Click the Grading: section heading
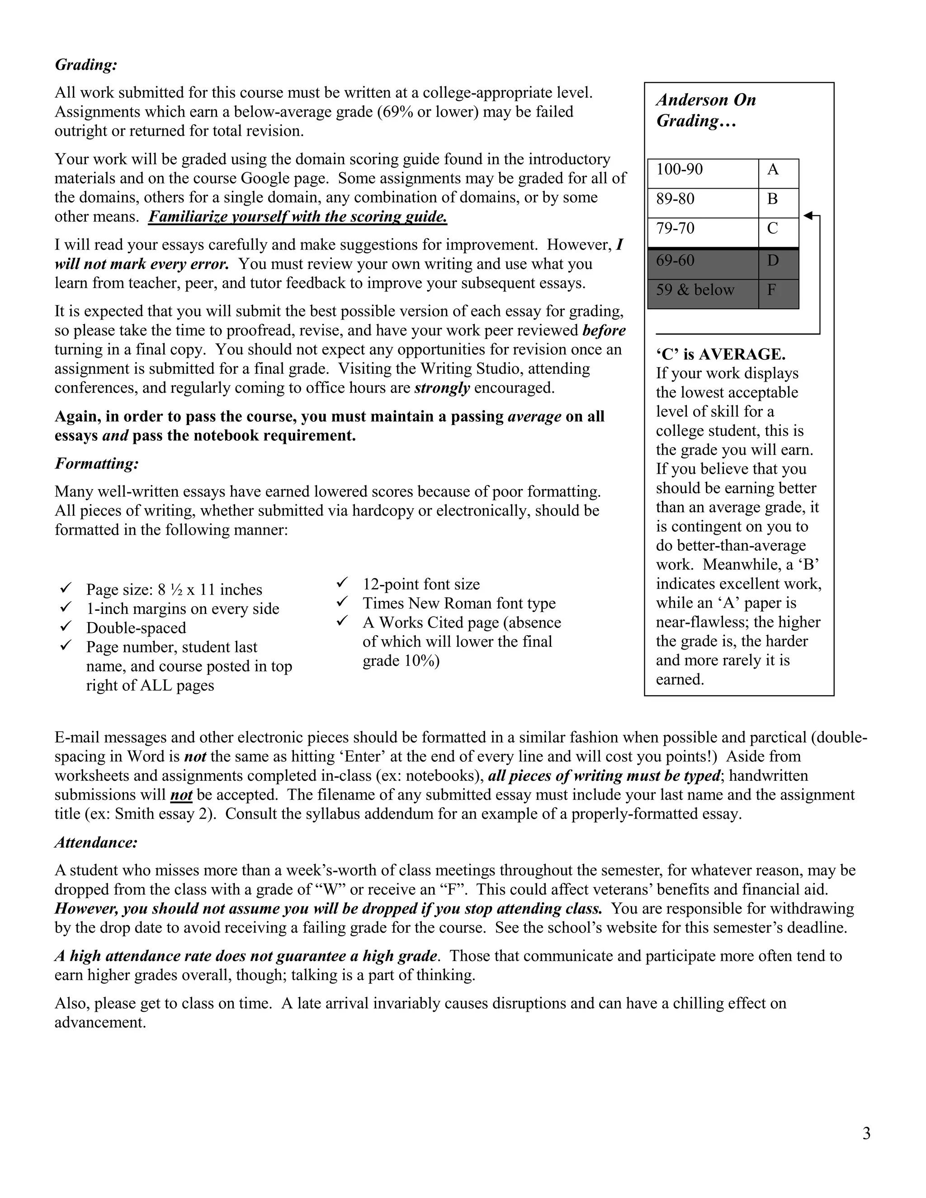(86, 65)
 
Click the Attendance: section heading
(96, 842)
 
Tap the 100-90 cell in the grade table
(703, 173)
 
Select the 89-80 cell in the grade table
(703, 203)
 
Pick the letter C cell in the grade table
(778, 232)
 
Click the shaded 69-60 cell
(703, 264)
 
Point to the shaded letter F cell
(778, 294)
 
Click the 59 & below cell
(703, 294)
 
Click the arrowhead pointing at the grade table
(808, 216)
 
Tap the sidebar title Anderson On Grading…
(706, 110)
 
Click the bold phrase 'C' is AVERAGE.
(720, 354)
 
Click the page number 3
(866, 1133)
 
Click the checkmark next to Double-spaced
(66, 627)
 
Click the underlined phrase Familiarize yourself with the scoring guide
(298, 217)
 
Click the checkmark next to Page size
(66, 589)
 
